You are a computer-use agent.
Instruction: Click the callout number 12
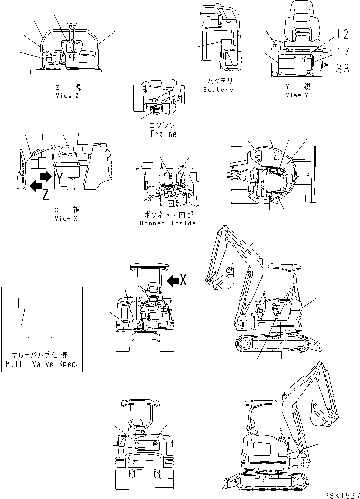pyautogui.click(x=343, y=34)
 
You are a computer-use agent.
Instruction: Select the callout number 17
pyautogui.click(x=343, y=51)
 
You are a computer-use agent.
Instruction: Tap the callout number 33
pyautogui.click(x=343, y=69)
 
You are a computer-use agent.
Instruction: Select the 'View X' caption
pyautogui.click(x=67, y=218)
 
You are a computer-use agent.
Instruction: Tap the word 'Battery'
pyautogui.click(x=218, y=90)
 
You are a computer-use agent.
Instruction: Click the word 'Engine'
pyautogui.click(x=163, y=134)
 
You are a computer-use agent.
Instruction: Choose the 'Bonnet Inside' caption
pyautogui.click(x=167, y=223)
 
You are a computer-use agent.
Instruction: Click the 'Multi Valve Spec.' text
pyautogui.click(x=41, y=364)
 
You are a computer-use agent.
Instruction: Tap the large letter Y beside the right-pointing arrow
pyautogui.click(x=60, y=178)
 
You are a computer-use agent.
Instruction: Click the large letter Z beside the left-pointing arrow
pyautogui.click(x=46, y=193)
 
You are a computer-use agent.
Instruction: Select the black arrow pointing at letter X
pyautogui.click(x=172, y=279)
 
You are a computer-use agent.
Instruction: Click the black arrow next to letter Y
pyautogui.click(x=46, y=177)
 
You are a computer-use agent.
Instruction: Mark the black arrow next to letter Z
pyautogui.click(x=36, y=186)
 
